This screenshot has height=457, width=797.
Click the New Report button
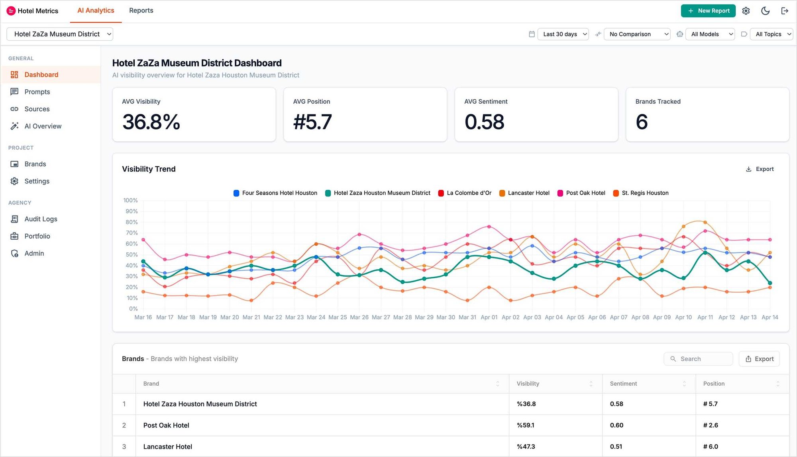(x=708, y=11)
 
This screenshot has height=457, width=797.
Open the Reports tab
(x=141, y=10)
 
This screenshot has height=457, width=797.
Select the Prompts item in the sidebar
(x=37, y=92)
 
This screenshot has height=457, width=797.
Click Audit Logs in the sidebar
(x=41, y=219)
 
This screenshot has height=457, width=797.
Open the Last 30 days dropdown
(x=563, y=34)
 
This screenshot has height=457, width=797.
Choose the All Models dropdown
(x=710, y=34)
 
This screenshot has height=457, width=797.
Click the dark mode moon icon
(x=765, y=11)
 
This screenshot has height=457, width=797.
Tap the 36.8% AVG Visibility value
(x=151, y=122)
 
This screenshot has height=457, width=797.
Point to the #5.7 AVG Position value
(x=312, y=122)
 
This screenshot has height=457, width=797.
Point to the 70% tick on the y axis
(x=132, y=233)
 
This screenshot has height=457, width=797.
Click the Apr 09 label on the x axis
(x=662, y=317)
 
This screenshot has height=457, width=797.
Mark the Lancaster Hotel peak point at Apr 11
(x=705, y=222)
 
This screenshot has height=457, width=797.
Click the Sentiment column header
(x=623, y=384)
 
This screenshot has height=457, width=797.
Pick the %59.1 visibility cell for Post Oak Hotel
(x=526, y=425)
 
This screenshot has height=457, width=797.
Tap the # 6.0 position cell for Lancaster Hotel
(x=711, y=447)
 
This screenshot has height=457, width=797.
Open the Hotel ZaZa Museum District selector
(x=60, y=34)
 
